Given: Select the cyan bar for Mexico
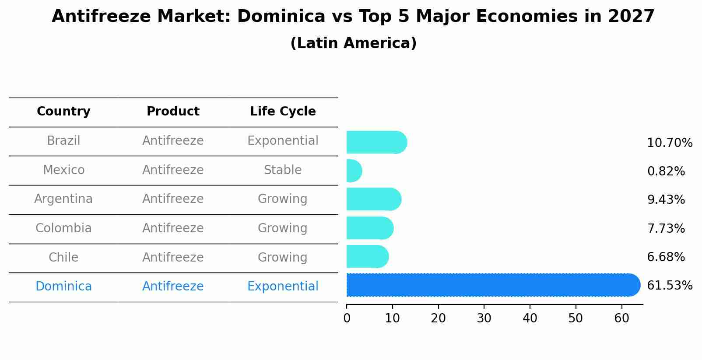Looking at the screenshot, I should [354, 171].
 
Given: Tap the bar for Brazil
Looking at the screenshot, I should [376, 142].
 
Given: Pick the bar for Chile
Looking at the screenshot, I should [367, 256].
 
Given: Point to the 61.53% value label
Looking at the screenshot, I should [669, 286].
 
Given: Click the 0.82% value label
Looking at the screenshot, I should [666, 171].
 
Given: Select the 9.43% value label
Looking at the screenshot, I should [666, 200].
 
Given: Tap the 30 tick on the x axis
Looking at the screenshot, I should [484, 318].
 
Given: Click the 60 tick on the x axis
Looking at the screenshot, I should [621, 318].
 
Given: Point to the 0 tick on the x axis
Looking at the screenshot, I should [347, 318].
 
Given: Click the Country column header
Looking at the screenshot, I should [63, 112].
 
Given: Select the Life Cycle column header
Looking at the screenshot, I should [283, 112].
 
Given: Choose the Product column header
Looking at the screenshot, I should [173, 112].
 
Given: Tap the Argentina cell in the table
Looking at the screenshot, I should [63, 199].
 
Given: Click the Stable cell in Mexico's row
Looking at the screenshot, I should [283, 170].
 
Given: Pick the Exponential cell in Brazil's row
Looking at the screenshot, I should [283, 141].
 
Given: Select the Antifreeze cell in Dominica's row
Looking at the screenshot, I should [173, 287].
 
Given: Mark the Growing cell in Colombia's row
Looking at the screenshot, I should [283, 228].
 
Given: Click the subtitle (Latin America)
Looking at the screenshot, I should [353, 43].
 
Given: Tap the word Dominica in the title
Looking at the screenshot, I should [281, 17].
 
